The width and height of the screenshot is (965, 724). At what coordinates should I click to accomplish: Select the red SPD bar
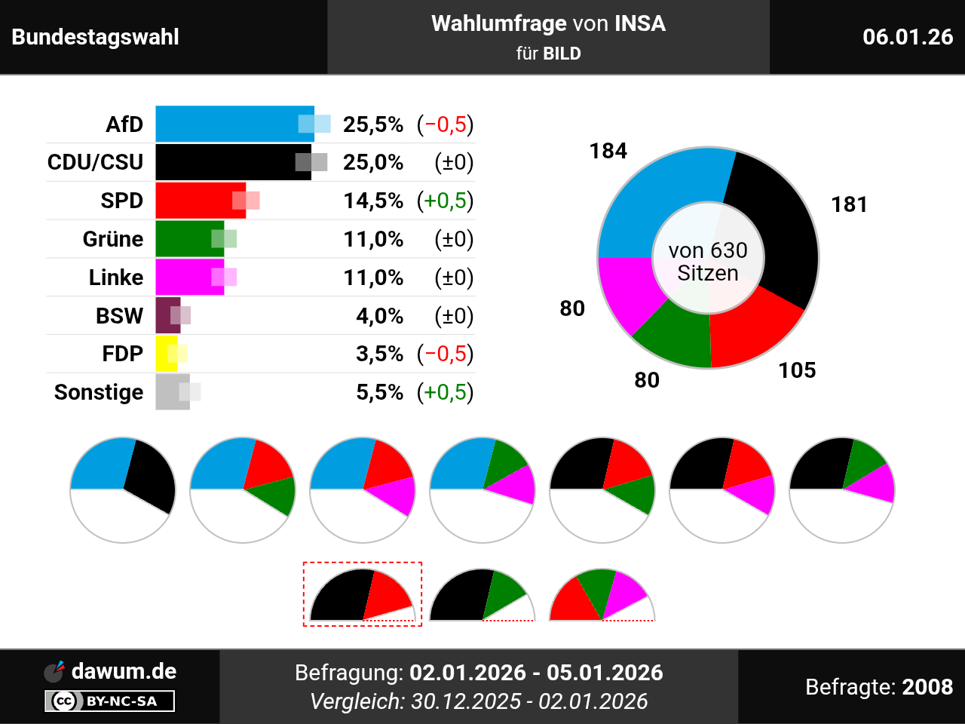201,201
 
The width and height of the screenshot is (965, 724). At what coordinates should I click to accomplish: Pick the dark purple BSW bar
167,315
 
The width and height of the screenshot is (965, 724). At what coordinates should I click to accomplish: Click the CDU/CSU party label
95,162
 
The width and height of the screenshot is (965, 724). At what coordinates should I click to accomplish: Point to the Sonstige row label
99,392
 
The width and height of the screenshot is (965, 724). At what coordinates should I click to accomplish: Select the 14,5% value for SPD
373,201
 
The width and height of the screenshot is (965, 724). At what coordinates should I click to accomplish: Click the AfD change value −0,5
446,124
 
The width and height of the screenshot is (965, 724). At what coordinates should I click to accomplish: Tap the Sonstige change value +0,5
446,392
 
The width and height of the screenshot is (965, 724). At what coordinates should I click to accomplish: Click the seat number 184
608,151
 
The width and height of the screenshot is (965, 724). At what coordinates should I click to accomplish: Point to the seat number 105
797,370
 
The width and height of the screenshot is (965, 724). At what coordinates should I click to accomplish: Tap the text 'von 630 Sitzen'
708,261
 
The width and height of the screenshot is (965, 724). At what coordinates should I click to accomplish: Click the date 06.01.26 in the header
908,37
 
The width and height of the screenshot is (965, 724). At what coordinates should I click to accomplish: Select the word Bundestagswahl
96,37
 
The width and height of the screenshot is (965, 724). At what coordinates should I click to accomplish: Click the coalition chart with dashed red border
362,594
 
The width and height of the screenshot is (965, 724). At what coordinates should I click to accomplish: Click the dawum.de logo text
124,671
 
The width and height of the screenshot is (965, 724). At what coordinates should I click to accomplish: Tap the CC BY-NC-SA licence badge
110,701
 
